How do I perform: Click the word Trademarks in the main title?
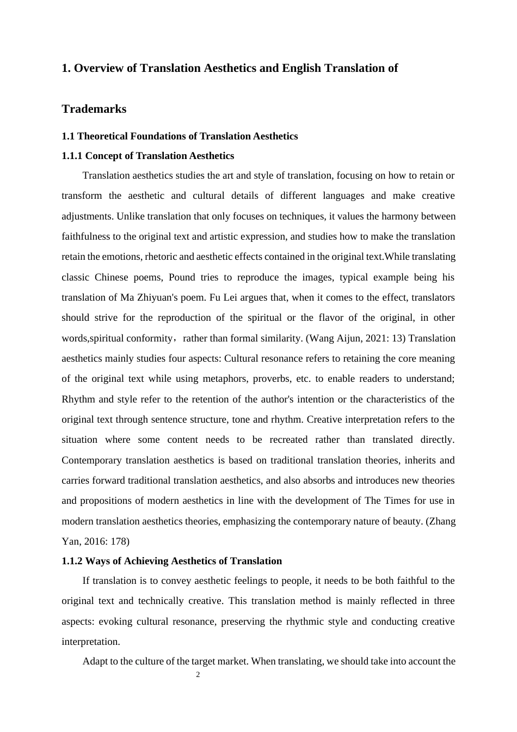point(94,109)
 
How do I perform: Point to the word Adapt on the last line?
point(95,661)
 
